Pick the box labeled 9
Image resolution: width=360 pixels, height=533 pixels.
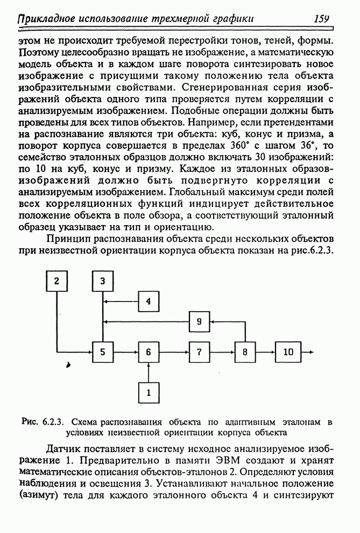pyautogui.click(x=199, y=321)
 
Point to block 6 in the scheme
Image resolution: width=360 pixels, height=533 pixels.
pyautogui.click(x=149, y=352)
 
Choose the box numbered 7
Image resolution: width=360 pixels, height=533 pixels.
pyautogui.click(x=199, y=352)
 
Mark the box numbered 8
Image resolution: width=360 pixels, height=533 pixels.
pyautogui.click(x=245, y=352)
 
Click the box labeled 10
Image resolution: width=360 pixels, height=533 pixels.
pyautogui.click(x=288, y=352)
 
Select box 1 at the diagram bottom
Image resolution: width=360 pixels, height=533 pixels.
pyautogui.click(x=149, y=392)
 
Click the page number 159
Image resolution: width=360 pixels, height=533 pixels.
pyautogui.click(x=321, y=19)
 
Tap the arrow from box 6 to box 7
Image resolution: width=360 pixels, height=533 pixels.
pyautogui.click(x=173, y=352)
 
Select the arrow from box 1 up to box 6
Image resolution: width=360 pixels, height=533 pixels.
pyautogui.click(x=149, y=373)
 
